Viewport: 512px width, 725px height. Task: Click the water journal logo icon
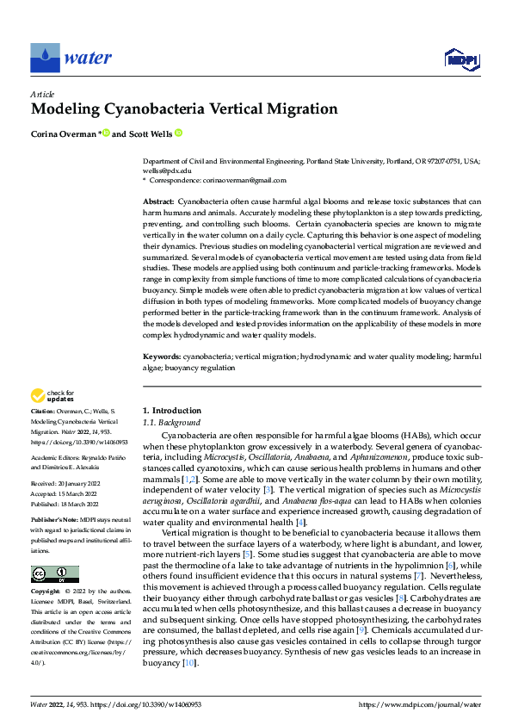46,58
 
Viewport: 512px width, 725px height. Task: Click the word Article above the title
42,94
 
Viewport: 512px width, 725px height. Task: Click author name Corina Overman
65,133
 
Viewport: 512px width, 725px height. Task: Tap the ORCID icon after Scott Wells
178,133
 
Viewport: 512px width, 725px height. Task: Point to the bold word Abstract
157,201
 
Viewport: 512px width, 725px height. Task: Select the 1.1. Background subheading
171,423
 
